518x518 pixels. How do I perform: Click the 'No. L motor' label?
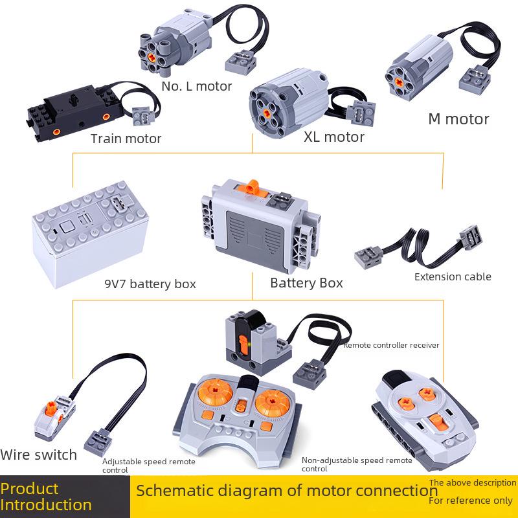tap(197, 86)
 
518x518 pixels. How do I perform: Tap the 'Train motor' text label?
tap(126, 138)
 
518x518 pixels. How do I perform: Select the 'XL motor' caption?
tap(333, 137)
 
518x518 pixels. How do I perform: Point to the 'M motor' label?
tap(458, 119)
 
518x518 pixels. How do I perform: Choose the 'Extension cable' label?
tap(453, 276)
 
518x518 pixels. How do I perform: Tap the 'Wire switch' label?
tap(39, 455)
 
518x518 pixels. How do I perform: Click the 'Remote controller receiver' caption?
tap(391, 345)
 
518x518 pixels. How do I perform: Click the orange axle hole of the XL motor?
tap(267, 112)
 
